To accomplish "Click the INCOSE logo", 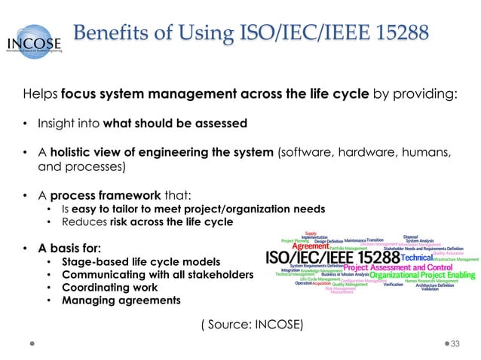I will click(x=36, y=43).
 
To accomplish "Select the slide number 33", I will click(x=455, y=343).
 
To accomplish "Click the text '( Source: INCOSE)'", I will click(x=251, y=325).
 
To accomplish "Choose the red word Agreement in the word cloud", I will click(x=311, y=246).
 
